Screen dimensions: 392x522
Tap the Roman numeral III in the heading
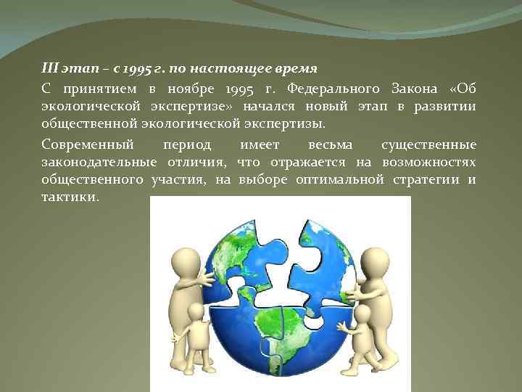tap(49, 70)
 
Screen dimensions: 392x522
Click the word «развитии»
tap(445, 107)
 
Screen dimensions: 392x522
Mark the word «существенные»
tap(428, 143)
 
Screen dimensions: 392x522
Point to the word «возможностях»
tap(432, 161)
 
